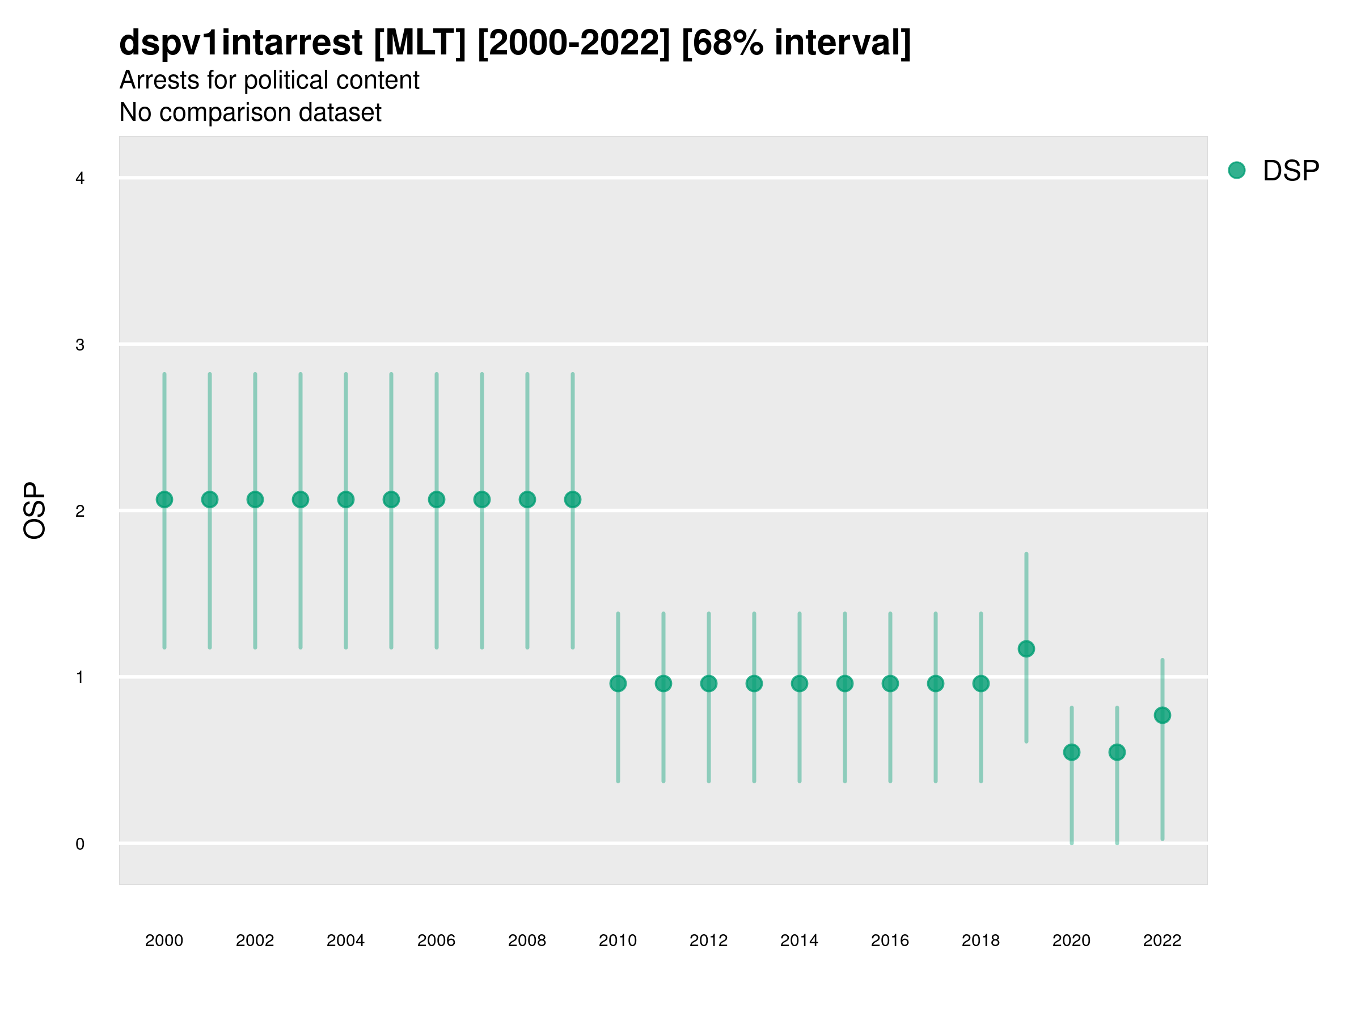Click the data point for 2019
tap(1026, 649)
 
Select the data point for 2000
tap(164, 499)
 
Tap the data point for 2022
tap(1163, 715)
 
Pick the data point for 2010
tap(618, 683)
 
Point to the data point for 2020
tap(1072, 752)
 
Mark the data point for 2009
tap(573, 499)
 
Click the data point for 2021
tap(1117, 752)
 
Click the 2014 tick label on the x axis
tap(799, 940)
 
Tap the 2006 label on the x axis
tap(436, 940)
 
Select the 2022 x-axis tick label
tap(1163, 940)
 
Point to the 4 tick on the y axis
tap(80, 179)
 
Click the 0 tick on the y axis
tap(80, 844)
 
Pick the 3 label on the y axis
tap(80, 345)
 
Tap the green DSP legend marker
tap(1237, 171)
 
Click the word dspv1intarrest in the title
tap(240, 43)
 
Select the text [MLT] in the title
tap(420, 43)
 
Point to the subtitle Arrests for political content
tap(269, 80)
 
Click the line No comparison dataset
tap(251, 112)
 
